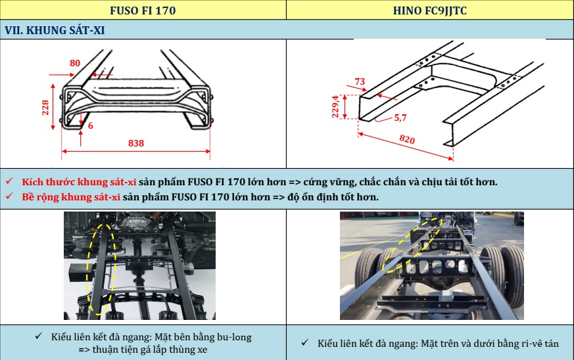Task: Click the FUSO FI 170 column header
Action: point(143,11)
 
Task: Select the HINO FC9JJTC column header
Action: point(430,11)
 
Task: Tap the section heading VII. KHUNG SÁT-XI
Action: point(55,30)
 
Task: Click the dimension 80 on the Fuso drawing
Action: point(75,63)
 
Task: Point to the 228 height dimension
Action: point(45,108)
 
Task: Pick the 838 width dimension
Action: point(136,143)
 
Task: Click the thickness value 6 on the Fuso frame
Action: point(91,125)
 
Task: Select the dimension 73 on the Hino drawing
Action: point(360,81)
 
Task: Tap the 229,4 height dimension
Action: point(335,107)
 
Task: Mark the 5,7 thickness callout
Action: point(400,118)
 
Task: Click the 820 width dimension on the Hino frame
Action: point(407,139)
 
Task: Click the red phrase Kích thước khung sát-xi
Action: point(79,182)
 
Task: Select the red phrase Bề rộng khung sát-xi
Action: point(71,197)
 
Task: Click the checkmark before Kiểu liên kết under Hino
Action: point(305,343)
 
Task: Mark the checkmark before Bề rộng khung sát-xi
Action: point(9,196)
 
